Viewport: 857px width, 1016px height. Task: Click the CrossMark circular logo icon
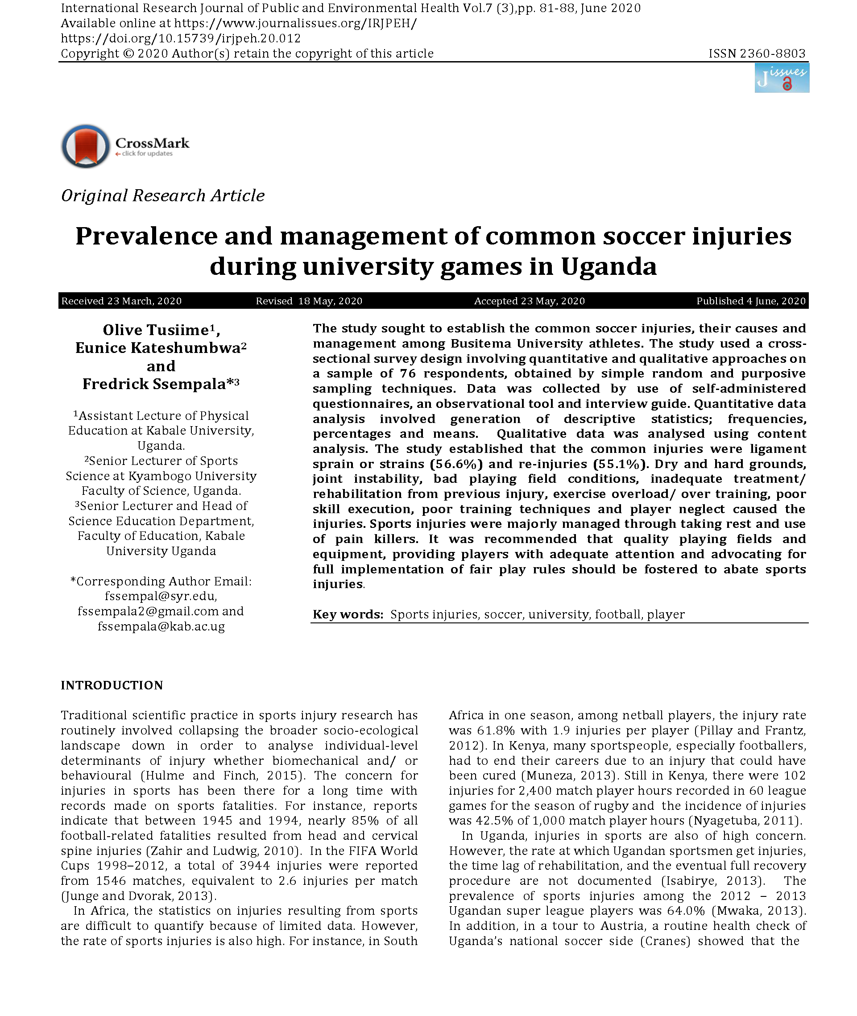pos(86,146)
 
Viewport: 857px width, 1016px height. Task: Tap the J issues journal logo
pos(781,78)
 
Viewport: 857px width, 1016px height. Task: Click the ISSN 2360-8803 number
pos(757,54)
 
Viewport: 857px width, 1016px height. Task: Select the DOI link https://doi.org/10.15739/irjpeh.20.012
pos(181,38)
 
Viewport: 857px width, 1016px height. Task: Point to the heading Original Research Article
pos(163,195)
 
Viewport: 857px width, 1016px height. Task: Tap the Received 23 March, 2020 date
pos(121,301)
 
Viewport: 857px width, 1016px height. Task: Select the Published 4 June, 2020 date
pos(751,301)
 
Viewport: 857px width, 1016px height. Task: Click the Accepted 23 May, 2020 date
pos(529,301)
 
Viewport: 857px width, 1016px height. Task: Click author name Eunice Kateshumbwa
pos(158,348)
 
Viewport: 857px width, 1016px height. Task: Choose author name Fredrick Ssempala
pos(154,384)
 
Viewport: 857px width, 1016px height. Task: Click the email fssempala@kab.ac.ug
pos(161,626)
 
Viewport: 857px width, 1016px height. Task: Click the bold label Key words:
pos(348,614)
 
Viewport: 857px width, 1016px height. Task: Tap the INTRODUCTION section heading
pos(112,685)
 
